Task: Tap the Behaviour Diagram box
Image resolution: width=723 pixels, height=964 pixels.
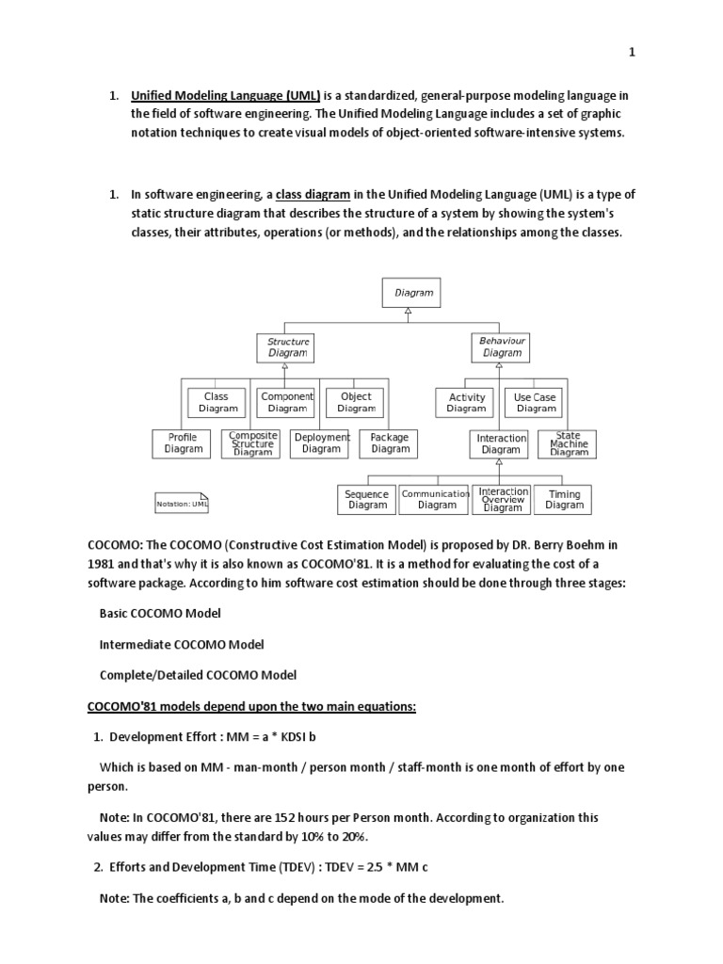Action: [x=502, y=347]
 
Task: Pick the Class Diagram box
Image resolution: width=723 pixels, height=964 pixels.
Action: [x=217, y=403]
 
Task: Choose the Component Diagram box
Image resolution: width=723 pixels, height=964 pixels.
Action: [x=287, y=403]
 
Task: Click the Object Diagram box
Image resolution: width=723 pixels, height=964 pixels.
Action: [x=356, y=403]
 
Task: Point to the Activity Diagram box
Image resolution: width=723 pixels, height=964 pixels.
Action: [x=466, y=403]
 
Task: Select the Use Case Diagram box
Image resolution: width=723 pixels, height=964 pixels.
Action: [x=536, y=403]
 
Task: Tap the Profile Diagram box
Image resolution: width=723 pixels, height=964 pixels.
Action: [x=183, y=443]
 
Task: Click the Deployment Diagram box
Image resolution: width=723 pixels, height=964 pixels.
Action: [x=321, y=443]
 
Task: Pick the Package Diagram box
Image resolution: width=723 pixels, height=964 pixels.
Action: [x=390, y=443]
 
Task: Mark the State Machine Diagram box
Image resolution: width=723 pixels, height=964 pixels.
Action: [x=568, y=443]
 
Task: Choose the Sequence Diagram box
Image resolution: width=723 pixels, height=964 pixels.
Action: [x=367, y=500]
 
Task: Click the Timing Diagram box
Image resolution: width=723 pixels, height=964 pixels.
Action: [x=565, y=500]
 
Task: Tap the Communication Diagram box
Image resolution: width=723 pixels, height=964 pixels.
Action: [x=437, y=500]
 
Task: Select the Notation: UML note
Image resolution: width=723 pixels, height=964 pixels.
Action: [x=182, y=504]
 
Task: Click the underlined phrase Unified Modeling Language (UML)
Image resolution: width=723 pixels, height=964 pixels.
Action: [x=226, y=95]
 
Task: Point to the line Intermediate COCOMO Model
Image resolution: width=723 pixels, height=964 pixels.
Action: [x=182, y=644]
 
